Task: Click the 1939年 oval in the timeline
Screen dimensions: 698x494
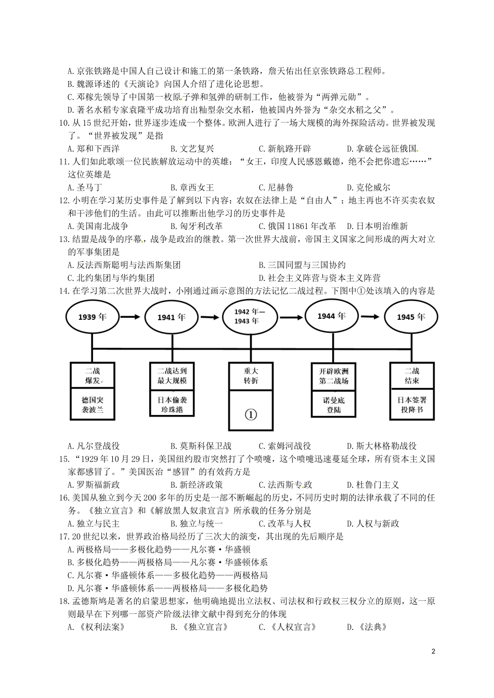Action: tap(92, 316)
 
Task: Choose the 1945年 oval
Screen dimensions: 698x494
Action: tap(410, 316)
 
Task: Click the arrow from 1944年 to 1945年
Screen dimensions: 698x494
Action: tap(370, 315)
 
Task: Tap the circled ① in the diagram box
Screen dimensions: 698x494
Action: tap(250, 414)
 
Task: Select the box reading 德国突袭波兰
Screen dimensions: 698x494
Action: tap(93, 405)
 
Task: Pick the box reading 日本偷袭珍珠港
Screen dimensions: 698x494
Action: tap(172, 404)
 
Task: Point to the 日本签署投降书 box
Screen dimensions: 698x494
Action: tap(412, 405)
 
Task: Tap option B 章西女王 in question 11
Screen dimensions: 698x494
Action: tap(192, 187)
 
